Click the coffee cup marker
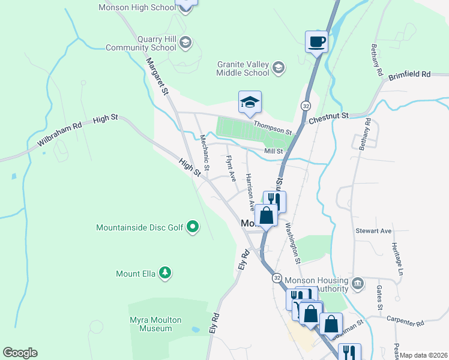coord(316,42)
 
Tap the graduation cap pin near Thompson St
coord(250,103)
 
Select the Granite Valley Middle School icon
coord(278,68)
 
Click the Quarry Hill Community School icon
coord(185,42)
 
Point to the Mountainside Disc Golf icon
coord(192,227)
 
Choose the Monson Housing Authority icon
coord(357,283)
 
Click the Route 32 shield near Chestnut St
coord(306,106)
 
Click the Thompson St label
coord(272,127)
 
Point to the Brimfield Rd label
coord(409,75)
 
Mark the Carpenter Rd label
coord(405,322)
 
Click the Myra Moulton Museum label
coord(151,324)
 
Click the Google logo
coord(20,353)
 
